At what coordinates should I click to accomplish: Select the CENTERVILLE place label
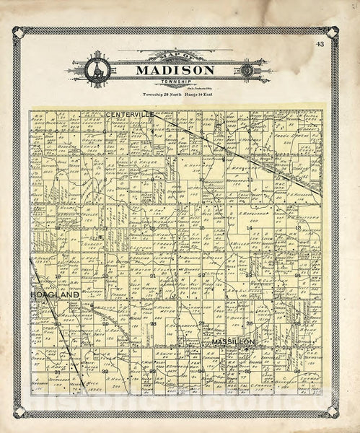[x=129, y=114]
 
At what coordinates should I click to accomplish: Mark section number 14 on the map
[x=250, y=228]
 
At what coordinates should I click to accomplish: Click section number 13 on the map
[x=297, y=228]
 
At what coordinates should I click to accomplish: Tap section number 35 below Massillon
[x=249, y=371]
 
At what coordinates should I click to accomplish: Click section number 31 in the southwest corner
[x=57, y=371]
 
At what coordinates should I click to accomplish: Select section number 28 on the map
[x=153, y=323]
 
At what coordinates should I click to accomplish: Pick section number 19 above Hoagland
[x=57, y=276]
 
